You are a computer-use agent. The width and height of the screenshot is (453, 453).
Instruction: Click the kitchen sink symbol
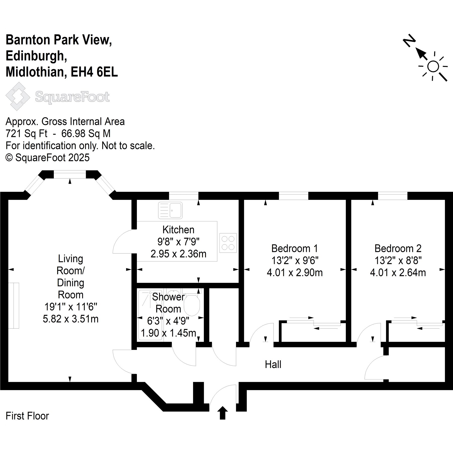tap(170, 210)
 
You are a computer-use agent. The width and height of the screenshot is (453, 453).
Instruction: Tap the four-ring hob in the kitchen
tap(228, 243)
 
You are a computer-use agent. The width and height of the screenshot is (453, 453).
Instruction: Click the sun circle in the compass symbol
tap(433, 67)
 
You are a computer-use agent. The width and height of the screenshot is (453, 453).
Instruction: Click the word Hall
tap(273, 364)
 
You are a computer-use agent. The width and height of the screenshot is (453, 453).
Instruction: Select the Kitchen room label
tap(178, 230)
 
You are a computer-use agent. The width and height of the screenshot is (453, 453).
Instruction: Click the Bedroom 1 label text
tap(295, 249)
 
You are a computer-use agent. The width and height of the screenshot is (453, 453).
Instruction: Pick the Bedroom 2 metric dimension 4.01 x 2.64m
tap(398, 273)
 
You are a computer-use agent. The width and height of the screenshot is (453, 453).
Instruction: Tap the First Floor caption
tap(27, 416)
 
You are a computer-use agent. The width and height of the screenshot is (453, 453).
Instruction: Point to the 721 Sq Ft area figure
tap(26, 134)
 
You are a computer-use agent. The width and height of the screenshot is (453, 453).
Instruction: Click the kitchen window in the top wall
tap(183, 196)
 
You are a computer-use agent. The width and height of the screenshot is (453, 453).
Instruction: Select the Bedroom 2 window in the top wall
tap(393, 196)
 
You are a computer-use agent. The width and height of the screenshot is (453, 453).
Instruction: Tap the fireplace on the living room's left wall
tap(14, 306)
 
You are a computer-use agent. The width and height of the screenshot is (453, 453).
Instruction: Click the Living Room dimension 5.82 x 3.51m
tap(71, 319)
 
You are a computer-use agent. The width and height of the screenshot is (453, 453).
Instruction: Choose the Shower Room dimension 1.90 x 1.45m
tap(168, 333)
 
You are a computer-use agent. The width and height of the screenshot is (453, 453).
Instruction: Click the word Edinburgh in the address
tap(36, 56)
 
